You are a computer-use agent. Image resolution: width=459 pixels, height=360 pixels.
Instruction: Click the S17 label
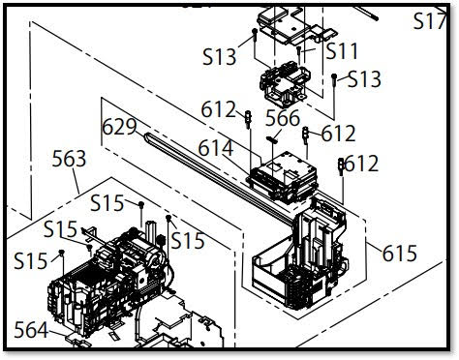pos(430,21)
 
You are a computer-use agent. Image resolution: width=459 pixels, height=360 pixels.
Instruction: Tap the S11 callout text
pos(342,51)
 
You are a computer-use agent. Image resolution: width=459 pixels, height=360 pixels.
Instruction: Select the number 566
pos(283,118)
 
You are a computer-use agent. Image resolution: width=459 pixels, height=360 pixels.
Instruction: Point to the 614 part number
pos(216,148)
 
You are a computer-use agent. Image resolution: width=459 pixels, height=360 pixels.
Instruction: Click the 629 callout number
pos(119,127)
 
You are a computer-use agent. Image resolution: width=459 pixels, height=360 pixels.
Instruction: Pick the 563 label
pos(69,159)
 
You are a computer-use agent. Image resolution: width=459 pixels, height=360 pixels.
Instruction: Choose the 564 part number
pos(31,330)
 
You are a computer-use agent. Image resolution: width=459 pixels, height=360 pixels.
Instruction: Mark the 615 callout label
pos(400,254)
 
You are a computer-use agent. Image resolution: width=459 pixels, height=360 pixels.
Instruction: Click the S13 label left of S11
pos(220,57)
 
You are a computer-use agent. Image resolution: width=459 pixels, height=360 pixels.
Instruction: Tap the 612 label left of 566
pos(219,109)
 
